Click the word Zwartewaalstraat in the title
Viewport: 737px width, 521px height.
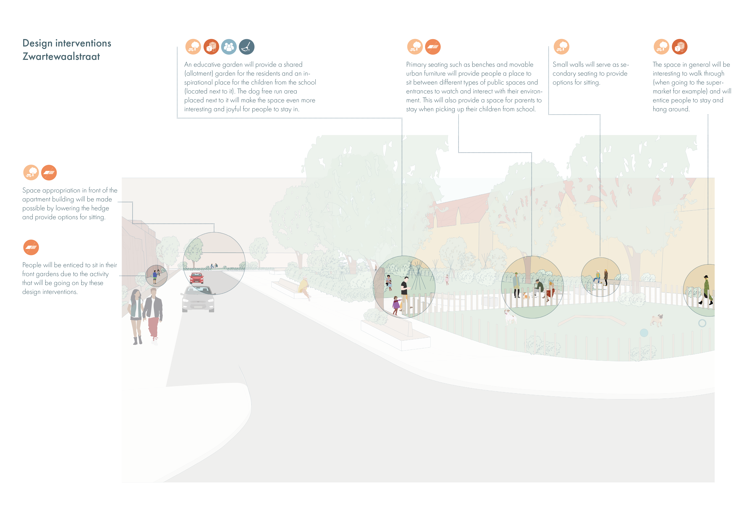pyautogui.click(x=61, y=56)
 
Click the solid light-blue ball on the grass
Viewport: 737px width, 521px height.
pyautogui.click(x=644, y=333)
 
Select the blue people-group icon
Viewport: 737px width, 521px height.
pyautogui.click(x=229, y=47)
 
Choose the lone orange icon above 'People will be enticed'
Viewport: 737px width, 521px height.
pyautogui.click(x=31, y=247)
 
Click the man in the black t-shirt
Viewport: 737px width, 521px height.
pyautogui.click(x=405, y=290)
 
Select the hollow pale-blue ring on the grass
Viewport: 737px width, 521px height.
pyautogui.click(x=702, y=323)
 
